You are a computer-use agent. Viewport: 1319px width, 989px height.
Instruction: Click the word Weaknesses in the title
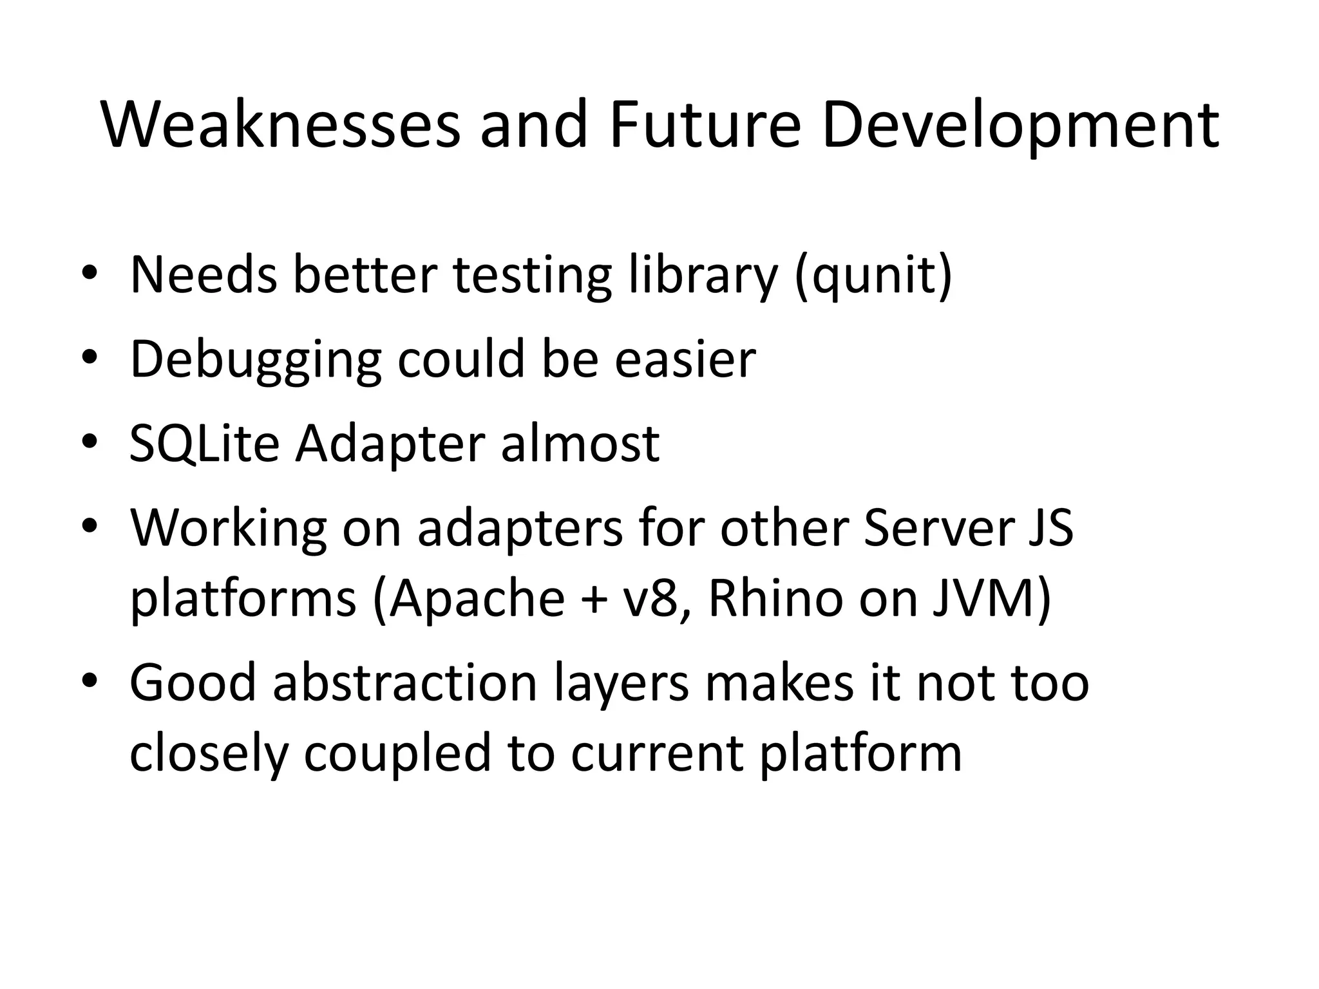(281, 125)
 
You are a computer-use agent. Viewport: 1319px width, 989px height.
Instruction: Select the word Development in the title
(1020, 125)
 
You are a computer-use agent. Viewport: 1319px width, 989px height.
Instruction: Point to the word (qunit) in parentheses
(873, 276)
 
